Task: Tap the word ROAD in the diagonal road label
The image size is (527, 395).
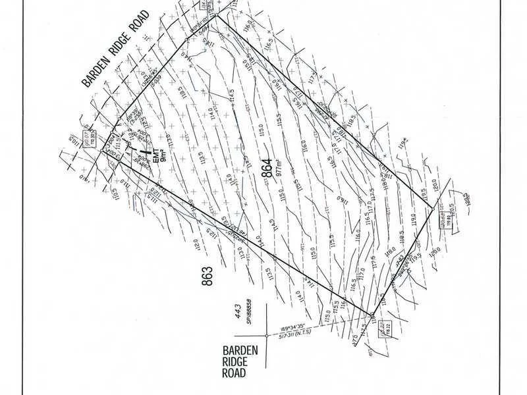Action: pyautogui.click(x=140, y=30)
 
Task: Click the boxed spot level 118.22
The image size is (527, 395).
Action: pyautogui.click(x=387, y=334)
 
